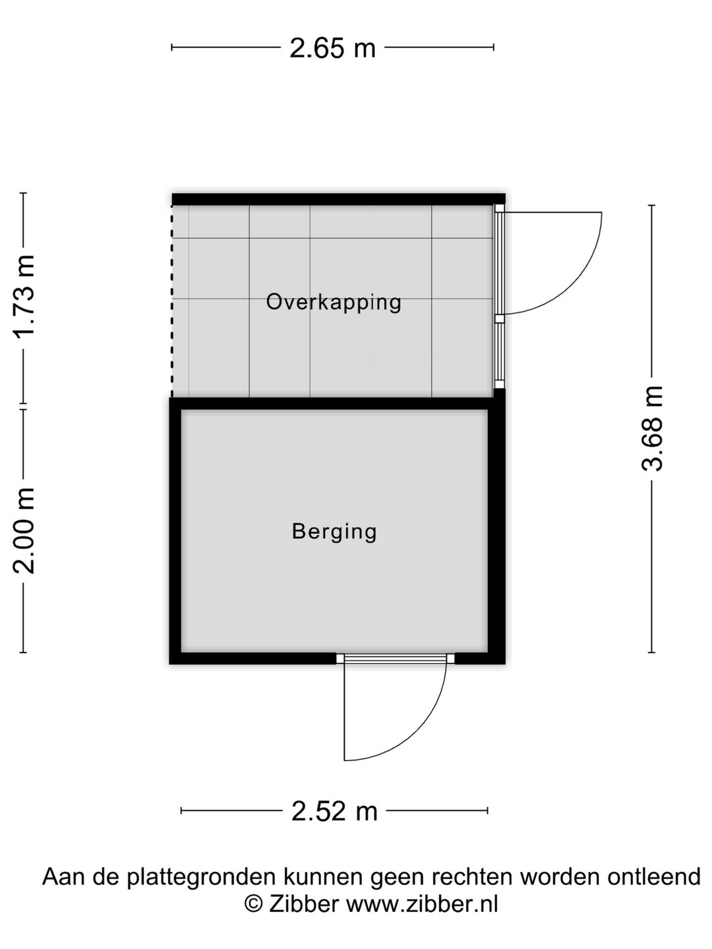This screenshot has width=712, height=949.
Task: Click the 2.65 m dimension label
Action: point(332,48)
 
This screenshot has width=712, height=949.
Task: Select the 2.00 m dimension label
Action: point(24,531)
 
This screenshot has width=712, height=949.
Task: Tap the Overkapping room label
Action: point(334,302)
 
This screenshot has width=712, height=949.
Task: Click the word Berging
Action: point(334,532)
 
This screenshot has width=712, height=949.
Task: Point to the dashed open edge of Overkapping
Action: point(172,301)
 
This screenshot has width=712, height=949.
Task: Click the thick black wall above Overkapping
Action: point(338,199)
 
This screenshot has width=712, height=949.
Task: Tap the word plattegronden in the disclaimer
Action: point(202,877)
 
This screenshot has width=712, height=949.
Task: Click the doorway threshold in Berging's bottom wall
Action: point(395,658)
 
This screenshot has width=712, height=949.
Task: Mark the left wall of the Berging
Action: point(175,531)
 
